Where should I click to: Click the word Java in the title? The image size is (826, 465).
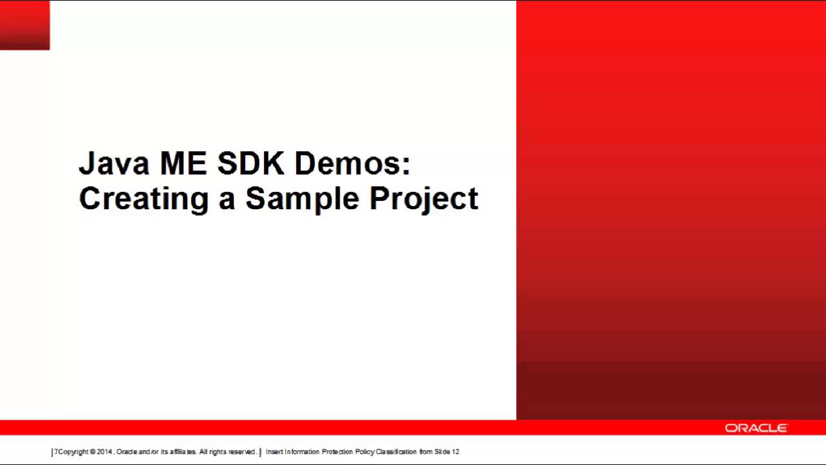(x=114, y=164)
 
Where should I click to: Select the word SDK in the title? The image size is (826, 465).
(x=250, y=164)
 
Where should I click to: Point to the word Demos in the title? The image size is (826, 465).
(x=347, y=164)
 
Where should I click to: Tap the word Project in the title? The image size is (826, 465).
(x=424, y=199)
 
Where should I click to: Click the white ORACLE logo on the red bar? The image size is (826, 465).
(x=756, y=428)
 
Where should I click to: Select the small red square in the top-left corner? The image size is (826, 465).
(x=25, y=25)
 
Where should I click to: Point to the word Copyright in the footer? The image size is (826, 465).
(x=73, y=452)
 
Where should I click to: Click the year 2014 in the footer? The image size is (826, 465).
(x=104, y=452)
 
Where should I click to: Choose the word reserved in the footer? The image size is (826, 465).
(x=242, y=452)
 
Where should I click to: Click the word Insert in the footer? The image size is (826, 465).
(x=274, y=452)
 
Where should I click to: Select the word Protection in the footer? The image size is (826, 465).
(x=337, y=452)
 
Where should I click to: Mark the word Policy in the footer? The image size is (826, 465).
(x=365, y=452)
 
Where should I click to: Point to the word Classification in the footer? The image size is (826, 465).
(x=396, y=452)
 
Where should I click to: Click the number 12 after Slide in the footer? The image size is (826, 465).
(x=456, y=452)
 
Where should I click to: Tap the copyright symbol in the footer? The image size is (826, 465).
(x=93, y=452)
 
